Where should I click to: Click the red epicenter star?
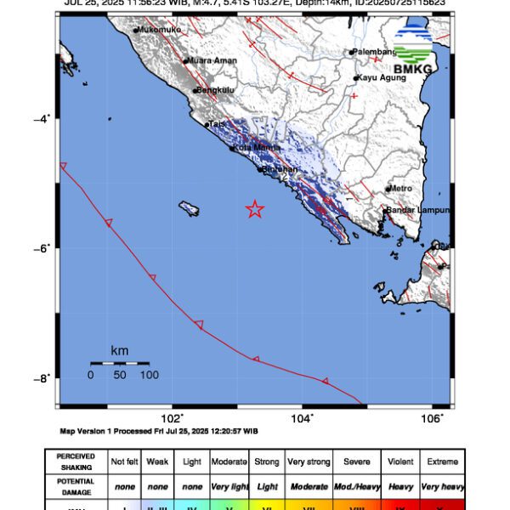tap(254, 209)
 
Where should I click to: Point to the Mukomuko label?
tap(161, 29)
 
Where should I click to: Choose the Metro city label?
tap(401, 188)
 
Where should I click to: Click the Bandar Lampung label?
tap(418, 210)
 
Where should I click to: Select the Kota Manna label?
tap(258, 148)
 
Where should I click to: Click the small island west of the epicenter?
tap(189, 207)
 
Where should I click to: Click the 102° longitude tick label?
tap(173, 417)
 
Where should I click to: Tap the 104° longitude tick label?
tap(303, 417)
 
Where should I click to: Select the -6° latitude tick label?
tap(43, 248)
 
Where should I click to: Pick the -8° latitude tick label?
tap(43, 378)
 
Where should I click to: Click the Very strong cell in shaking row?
tap(309, 462)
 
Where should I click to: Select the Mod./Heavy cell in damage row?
tap(357, 486)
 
